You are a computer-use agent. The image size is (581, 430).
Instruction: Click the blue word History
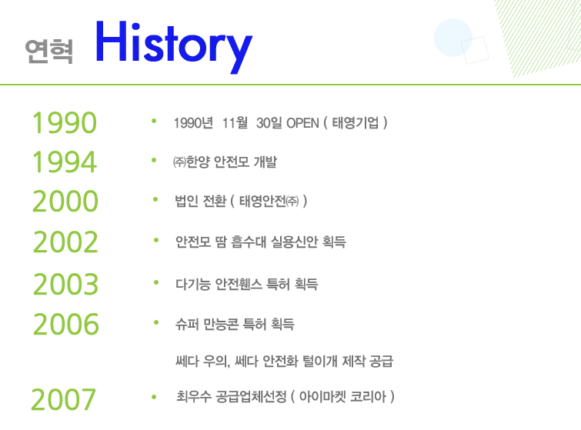click(174, 45)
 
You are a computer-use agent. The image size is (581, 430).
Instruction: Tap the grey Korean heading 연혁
click(49, 51)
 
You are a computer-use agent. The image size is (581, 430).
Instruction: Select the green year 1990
click(65, 122)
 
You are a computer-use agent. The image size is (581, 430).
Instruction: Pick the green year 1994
click(65, 162)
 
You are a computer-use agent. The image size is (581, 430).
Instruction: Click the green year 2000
click(65, 201)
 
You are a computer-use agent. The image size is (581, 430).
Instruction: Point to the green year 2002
click(65, 242)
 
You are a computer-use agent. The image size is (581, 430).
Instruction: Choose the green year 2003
click(66, 284)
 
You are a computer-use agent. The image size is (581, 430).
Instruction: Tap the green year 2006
click(66, 324)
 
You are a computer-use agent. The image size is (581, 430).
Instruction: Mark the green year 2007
click(63, 399)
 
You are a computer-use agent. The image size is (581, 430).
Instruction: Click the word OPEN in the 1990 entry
click(302, 123)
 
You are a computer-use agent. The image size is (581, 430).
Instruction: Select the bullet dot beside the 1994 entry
click(154, 160)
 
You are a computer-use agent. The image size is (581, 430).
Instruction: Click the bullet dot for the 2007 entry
click(154, 397)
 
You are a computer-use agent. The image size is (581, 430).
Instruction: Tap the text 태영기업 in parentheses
click(356, 122)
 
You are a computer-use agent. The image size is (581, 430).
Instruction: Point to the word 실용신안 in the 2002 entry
click(295, 242)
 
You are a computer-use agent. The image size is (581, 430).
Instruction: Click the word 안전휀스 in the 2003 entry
click(239, 284)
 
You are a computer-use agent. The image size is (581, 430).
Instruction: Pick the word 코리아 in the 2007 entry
click(369, 397)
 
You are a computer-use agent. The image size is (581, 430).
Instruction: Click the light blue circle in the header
click(452, 38)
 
